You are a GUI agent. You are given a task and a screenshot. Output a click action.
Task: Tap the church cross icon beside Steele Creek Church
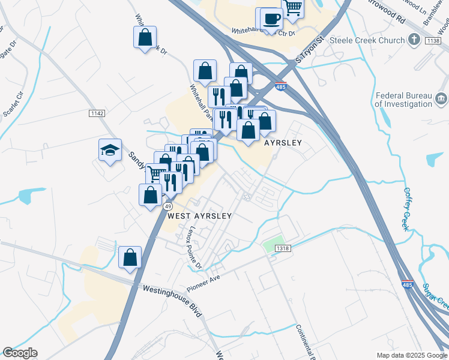click(414, 40)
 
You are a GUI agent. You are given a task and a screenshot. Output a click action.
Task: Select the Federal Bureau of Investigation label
click(403, 100)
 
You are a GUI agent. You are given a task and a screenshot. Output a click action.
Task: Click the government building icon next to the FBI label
click(441, 98)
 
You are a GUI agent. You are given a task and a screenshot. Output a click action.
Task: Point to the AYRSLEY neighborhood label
click(283, 143)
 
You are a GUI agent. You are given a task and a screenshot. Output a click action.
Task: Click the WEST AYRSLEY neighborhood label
click(199, 215)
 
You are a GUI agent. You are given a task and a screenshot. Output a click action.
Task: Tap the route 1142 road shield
click(97, 113)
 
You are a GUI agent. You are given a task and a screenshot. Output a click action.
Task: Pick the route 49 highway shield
click(169, 206)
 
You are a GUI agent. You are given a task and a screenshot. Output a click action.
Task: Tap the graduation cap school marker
click(110, 150)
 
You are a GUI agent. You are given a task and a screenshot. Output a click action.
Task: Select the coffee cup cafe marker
click(271, 19)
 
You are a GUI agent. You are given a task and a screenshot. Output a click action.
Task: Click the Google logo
click(20, 353)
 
